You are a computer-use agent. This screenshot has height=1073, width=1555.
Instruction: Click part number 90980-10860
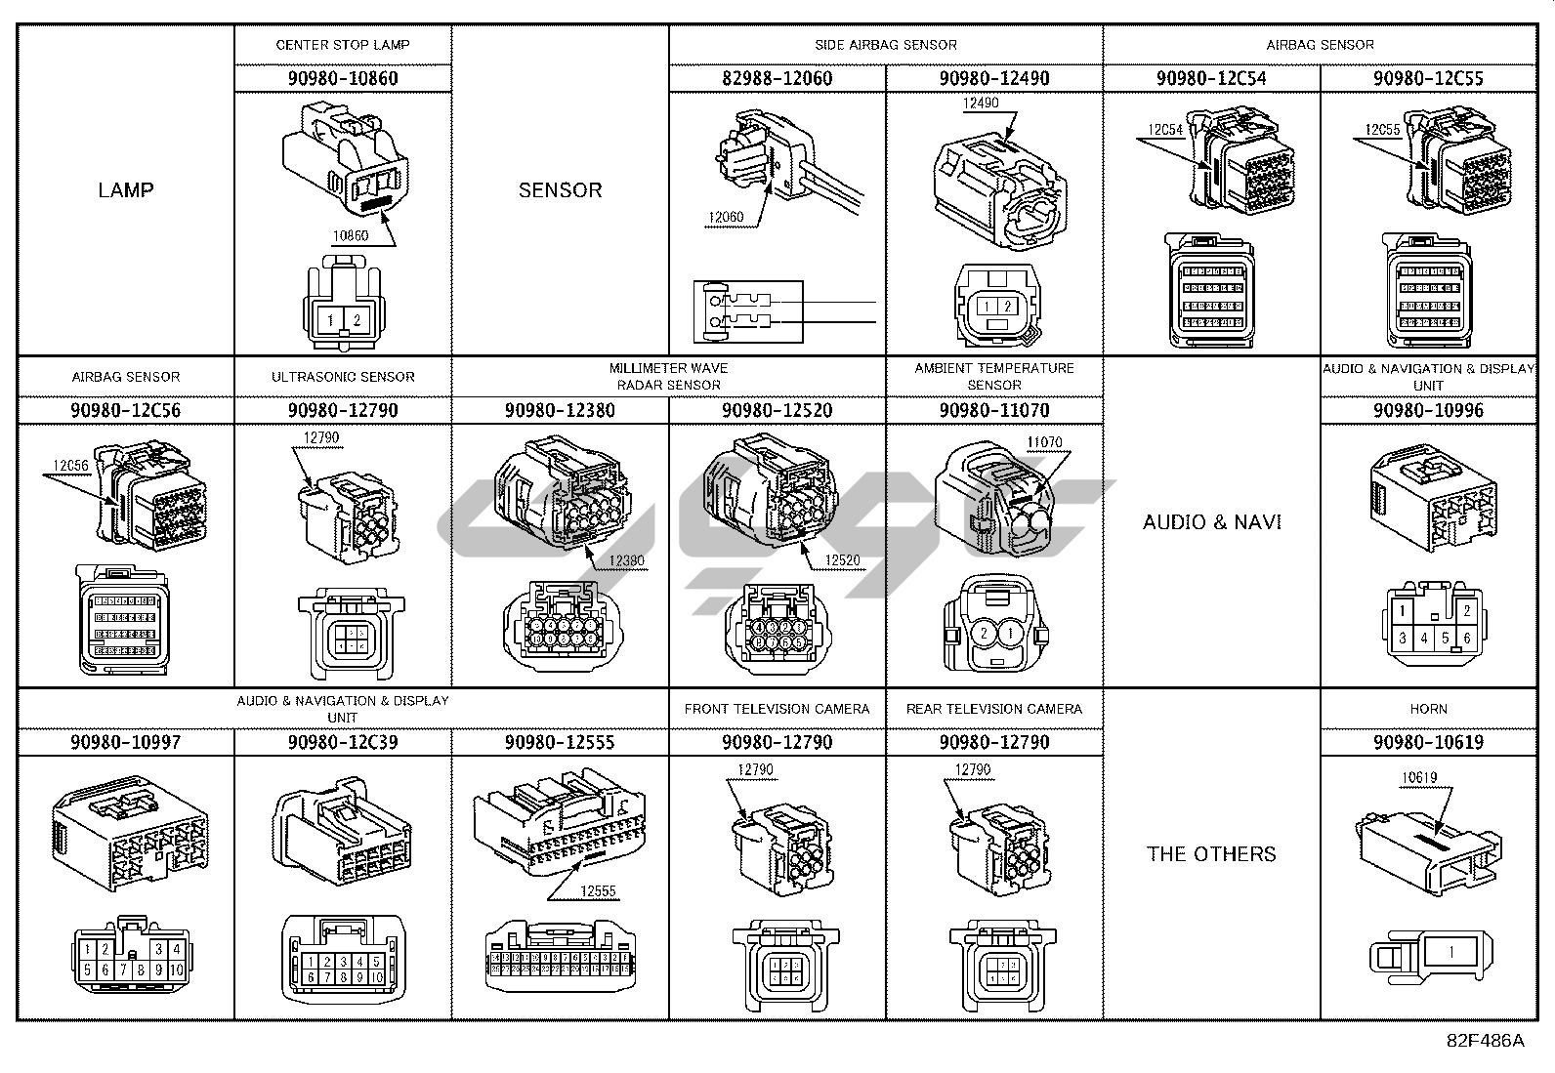343,78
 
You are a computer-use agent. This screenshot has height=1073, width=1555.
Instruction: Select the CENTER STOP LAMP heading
343,45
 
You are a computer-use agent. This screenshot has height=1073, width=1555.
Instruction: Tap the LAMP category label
126,189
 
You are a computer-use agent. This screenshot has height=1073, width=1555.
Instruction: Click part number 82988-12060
777,78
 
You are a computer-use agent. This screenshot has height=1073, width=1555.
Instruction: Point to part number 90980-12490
994,78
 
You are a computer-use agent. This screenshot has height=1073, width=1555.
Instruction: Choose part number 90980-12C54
1211,78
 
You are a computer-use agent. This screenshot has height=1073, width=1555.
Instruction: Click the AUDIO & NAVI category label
1212,521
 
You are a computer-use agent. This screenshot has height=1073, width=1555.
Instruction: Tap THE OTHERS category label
1211,853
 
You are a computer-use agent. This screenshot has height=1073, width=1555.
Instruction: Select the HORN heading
1428,709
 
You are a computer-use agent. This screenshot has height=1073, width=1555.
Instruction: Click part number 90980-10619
1428,742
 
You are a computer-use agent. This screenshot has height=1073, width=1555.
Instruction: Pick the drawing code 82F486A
1485,1041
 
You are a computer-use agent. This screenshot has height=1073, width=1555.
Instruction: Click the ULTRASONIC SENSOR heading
343,377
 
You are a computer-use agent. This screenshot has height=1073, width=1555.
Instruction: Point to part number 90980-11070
994,410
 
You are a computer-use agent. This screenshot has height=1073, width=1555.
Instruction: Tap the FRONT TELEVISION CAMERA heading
777,709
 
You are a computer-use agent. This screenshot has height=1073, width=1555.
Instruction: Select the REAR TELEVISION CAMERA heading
994,709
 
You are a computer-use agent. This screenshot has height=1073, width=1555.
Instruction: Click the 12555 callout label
598,891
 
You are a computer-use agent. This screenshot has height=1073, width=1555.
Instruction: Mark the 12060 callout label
725,218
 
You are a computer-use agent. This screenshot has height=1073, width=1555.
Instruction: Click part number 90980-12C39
343,742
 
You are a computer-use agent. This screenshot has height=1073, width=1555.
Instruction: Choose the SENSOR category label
560,189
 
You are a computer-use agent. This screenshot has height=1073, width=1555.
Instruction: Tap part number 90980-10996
1428,410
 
